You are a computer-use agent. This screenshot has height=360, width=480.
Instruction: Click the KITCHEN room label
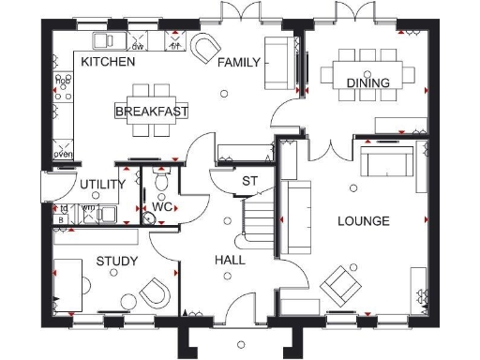click(108, 62)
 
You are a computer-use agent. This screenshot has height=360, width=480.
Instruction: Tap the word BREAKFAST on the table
click(151, 112)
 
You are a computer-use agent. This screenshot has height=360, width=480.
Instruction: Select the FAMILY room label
click(236, 63)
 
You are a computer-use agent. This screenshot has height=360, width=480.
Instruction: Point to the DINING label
click(367, 83)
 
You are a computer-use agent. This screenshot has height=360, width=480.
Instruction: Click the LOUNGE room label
click(363, 221)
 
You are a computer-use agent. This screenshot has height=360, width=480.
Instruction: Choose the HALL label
click(230, 260)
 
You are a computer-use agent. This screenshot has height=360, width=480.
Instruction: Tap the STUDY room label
click(117, 261)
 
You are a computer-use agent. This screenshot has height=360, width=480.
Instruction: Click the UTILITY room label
click(102, 185)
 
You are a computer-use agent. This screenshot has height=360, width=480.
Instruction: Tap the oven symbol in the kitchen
click(64, 152)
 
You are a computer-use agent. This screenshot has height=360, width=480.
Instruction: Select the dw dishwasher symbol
click(138, 42)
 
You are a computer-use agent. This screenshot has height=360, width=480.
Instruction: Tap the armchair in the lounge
click(339, 282)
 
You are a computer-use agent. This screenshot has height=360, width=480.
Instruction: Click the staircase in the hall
click(257, 218)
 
